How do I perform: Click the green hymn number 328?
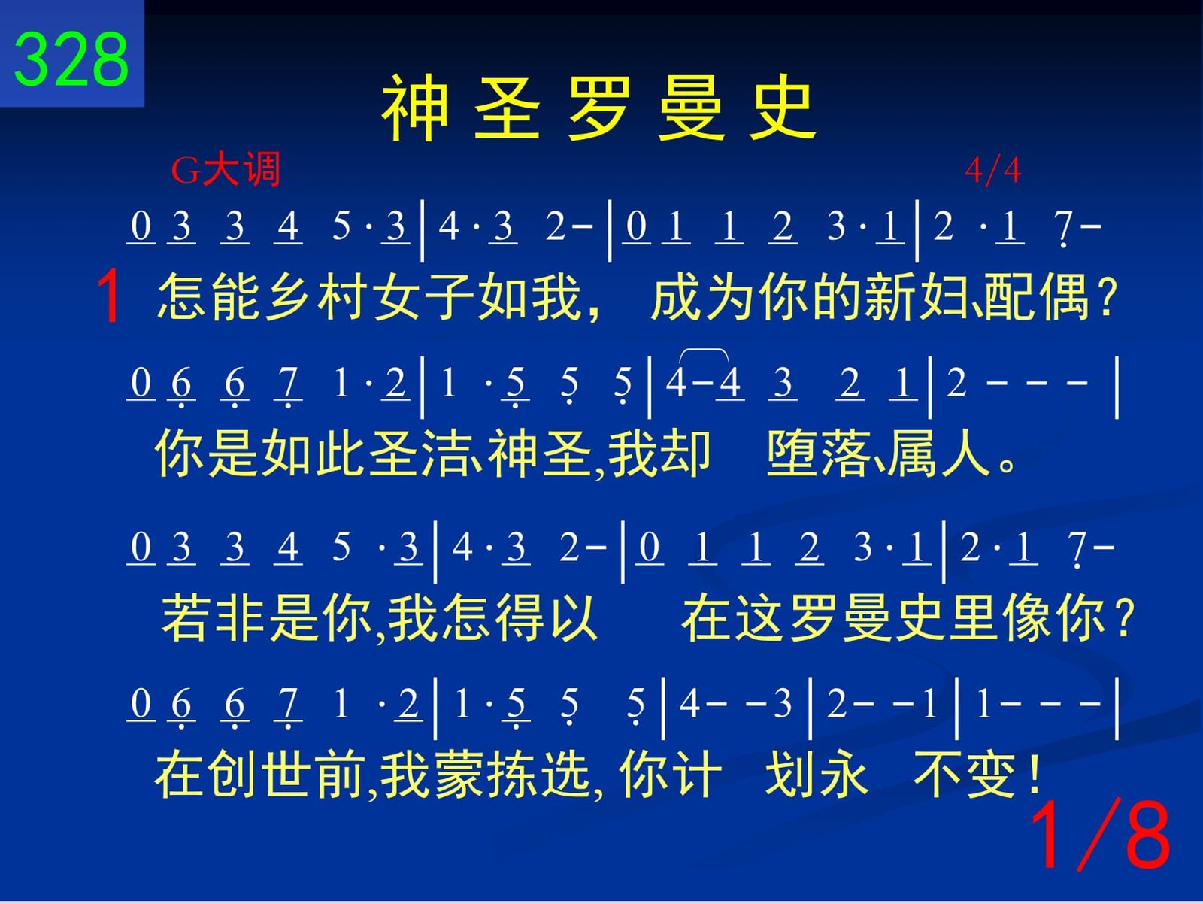[71, 59]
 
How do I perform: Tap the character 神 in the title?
[416, 108]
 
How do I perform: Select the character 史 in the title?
[782, 108]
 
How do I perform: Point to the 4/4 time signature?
[993, 171]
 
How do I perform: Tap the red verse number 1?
[108, 297]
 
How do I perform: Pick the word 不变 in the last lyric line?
[965, 774]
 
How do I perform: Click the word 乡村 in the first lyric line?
[317, 296]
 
